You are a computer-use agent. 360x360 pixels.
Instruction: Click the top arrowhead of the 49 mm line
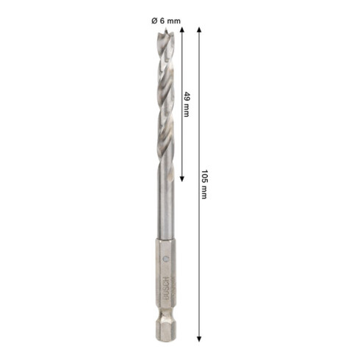pyautogui.click(x=181, y=33)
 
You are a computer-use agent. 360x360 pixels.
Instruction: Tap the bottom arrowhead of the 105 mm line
pyautogui.click(x=198, y=339)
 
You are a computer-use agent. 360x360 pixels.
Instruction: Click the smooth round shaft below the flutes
pyautogui.click(x=165, y=213)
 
